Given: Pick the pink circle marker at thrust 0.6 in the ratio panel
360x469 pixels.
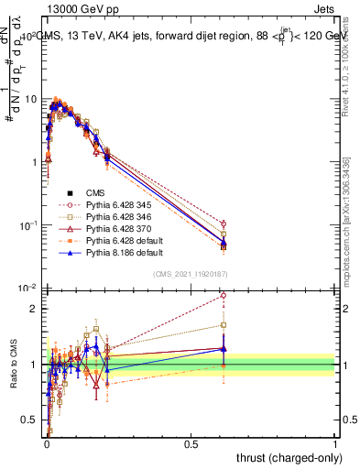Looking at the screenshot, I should tap(223, 296).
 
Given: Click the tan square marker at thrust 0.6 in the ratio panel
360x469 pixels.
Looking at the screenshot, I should tap(223, 325).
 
